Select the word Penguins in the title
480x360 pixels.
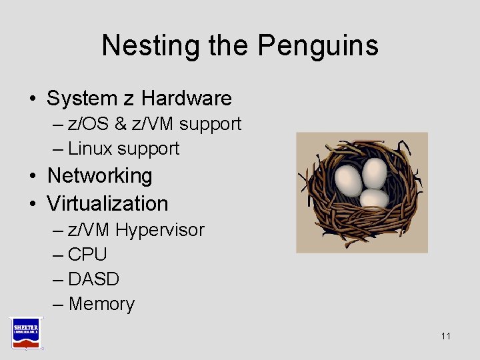pyautogui.click(x=318, y=45)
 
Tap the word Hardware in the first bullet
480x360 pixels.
pyautogui.click(x=187, y=99)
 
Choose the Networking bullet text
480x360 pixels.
pyautogui.click(x=100, y=176)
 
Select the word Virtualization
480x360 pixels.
pyautogui.click(x=107, y=203)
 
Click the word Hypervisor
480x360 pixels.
pyautogui.click(x=160, y=231)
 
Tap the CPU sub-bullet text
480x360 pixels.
pyautogui.click(x=87, y=255)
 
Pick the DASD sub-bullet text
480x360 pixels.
pyautogui.click(x=93, y=279)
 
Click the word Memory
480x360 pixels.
pyautogui.click(x=101, y=304)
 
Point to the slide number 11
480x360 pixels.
pyautogui.click(x=446, y=336)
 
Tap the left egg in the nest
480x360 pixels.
pyautogui.click(x=347, y=178)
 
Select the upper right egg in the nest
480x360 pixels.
pyautogui.click(x=375, y=172)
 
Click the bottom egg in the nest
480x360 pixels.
pyautogui.click(x=374, y=199)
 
